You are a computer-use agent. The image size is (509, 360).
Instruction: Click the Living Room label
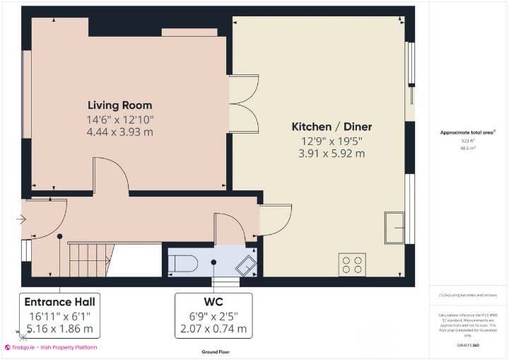119,105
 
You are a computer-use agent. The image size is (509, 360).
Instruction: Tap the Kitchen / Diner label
332,127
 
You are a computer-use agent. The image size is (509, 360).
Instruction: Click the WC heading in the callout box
212,300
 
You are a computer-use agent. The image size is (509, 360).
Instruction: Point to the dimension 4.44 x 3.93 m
119,132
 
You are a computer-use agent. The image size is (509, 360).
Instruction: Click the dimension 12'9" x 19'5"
332,140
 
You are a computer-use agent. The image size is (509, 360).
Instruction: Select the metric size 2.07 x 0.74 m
212,328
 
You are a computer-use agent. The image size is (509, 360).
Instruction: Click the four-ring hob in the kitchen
351,265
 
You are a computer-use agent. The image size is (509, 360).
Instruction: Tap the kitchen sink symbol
394,228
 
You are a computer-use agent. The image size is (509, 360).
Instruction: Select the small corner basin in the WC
246,265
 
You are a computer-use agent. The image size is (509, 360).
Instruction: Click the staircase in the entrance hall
88,260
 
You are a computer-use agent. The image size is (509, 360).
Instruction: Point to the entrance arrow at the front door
21,219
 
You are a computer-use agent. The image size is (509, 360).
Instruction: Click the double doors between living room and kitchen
244,104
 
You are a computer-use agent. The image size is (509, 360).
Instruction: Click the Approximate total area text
468,132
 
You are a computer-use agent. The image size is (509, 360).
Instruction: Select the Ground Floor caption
215,352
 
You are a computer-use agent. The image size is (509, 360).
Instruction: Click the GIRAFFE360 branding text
468,344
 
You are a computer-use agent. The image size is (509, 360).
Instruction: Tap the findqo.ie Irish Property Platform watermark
51,347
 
